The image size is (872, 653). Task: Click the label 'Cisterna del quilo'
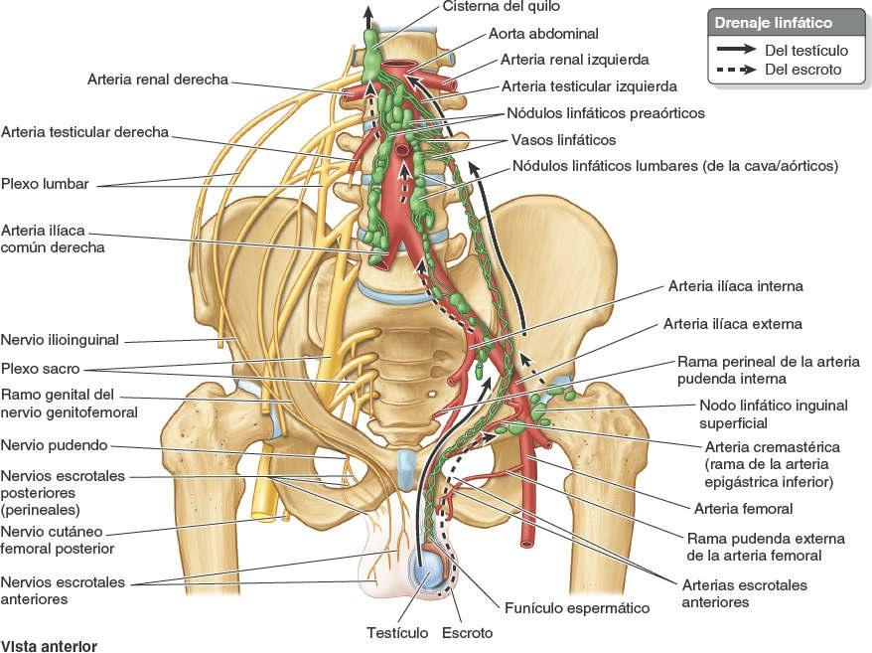coord(494,8)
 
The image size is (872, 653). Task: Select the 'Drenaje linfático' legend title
coord(774,23)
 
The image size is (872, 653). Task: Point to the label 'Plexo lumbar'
coord(46,184)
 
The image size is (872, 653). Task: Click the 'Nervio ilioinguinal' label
coord(61,340)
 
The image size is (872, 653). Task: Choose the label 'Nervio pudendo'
coord(55,445)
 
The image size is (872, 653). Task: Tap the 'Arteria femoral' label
coord(743,509)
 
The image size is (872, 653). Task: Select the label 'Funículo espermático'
coord(576,607)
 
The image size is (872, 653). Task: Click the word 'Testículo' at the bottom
coord(397,632)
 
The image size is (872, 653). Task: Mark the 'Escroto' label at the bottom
coord(467,632)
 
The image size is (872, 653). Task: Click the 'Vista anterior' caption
coord(50,645)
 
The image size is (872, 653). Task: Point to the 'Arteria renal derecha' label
coord(158,80)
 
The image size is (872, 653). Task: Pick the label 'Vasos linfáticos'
coord(563,140)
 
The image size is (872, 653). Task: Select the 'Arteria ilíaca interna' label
coord(735,286)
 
